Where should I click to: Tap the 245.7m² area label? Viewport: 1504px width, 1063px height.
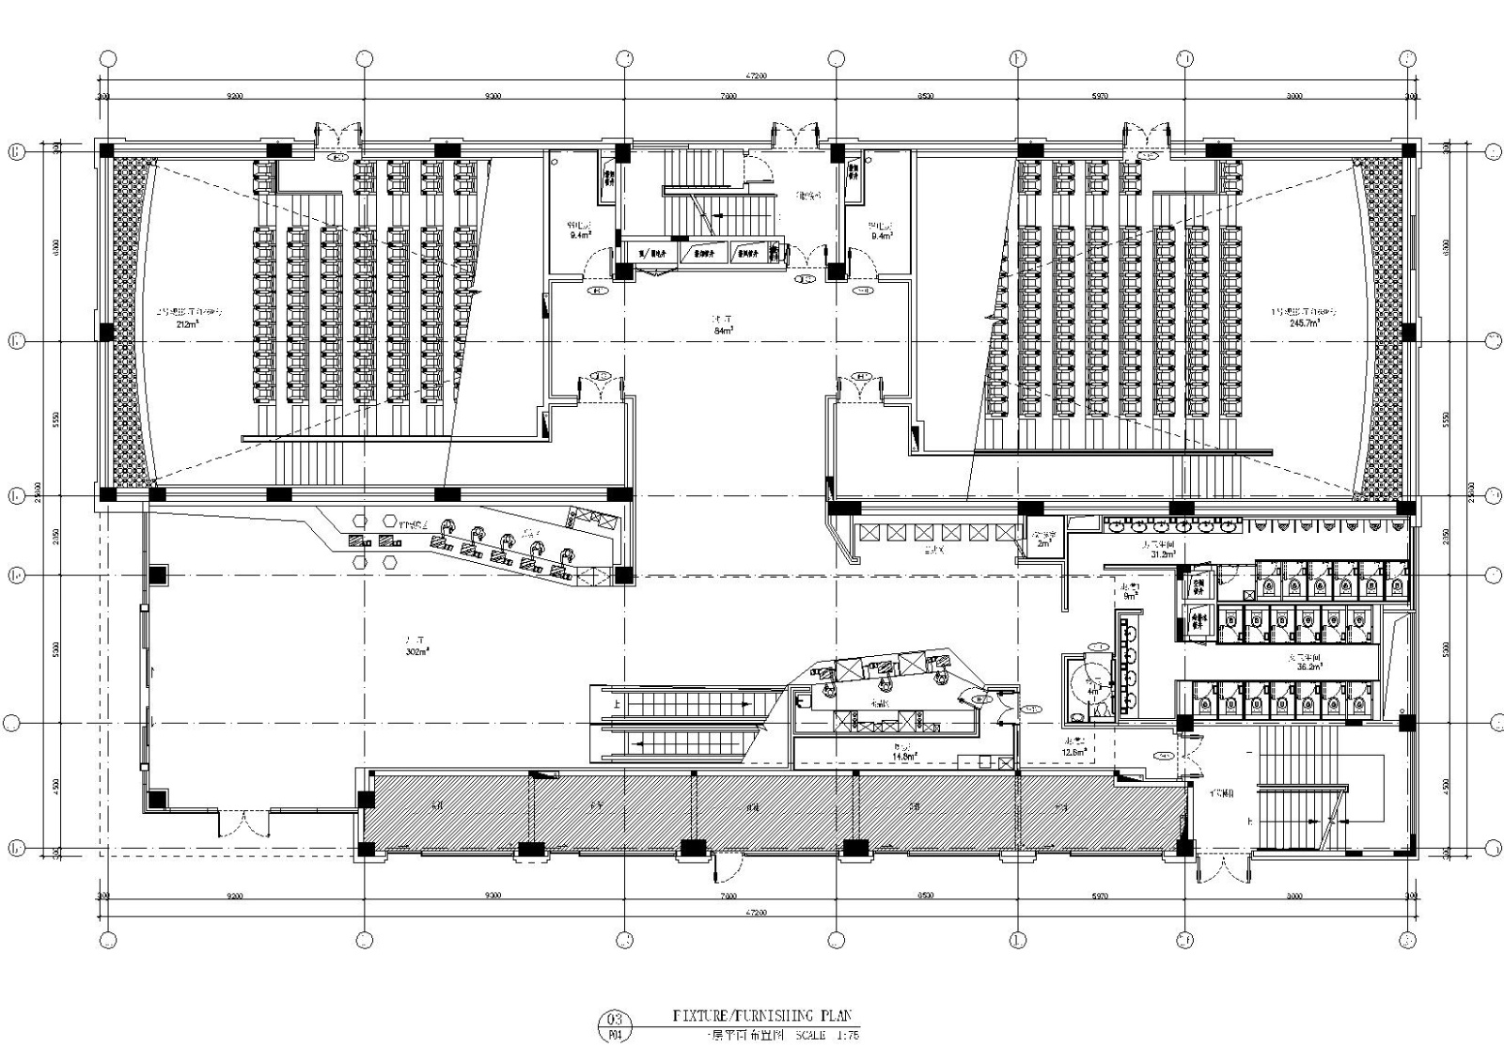(1303, 321)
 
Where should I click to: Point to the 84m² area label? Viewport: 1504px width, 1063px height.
(723, 331)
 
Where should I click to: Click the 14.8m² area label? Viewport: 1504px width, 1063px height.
(904, 756)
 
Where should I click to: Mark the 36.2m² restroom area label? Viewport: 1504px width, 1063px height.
(1308, 666)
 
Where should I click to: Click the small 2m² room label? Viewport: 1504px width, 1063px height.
(1042, 544)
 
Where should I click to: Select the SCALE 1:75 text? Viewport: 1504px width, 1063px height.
(827, 1036)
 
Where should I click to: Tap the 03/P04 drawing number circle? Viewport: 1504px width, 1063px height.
(616, 1026)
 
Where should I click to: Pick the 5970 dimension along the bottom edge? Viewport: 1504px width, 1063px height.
(1097, 896)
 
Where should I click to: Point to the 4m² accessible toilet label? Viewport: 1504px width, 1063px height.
(1092, 692)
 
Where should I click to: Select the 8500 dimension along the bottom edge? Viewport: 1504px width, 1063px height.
(925, 896)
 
